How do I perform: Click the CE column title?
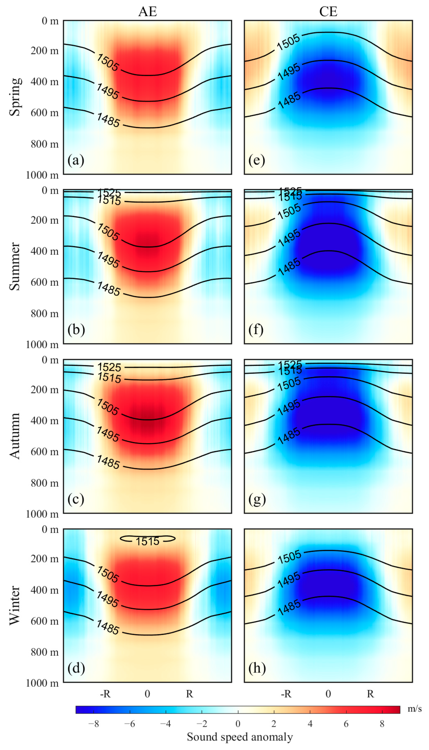pos(328,12)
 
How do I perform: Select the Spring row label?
pos(15,97)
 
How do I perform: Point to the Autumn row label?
pos(15,436)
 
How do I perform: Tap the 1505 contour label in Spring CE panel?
pos(288,42)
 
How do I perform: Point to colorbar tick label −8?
pos(93,724)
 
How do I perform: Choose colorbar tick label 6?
pos(346,724)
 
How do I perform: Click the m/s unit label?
pos(414,709)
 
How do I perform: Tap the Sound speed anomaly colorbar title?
pos(240,737)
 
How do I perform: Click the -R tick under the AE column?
pos(105,694)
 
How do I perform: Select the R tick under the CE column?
pos(370,694)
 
